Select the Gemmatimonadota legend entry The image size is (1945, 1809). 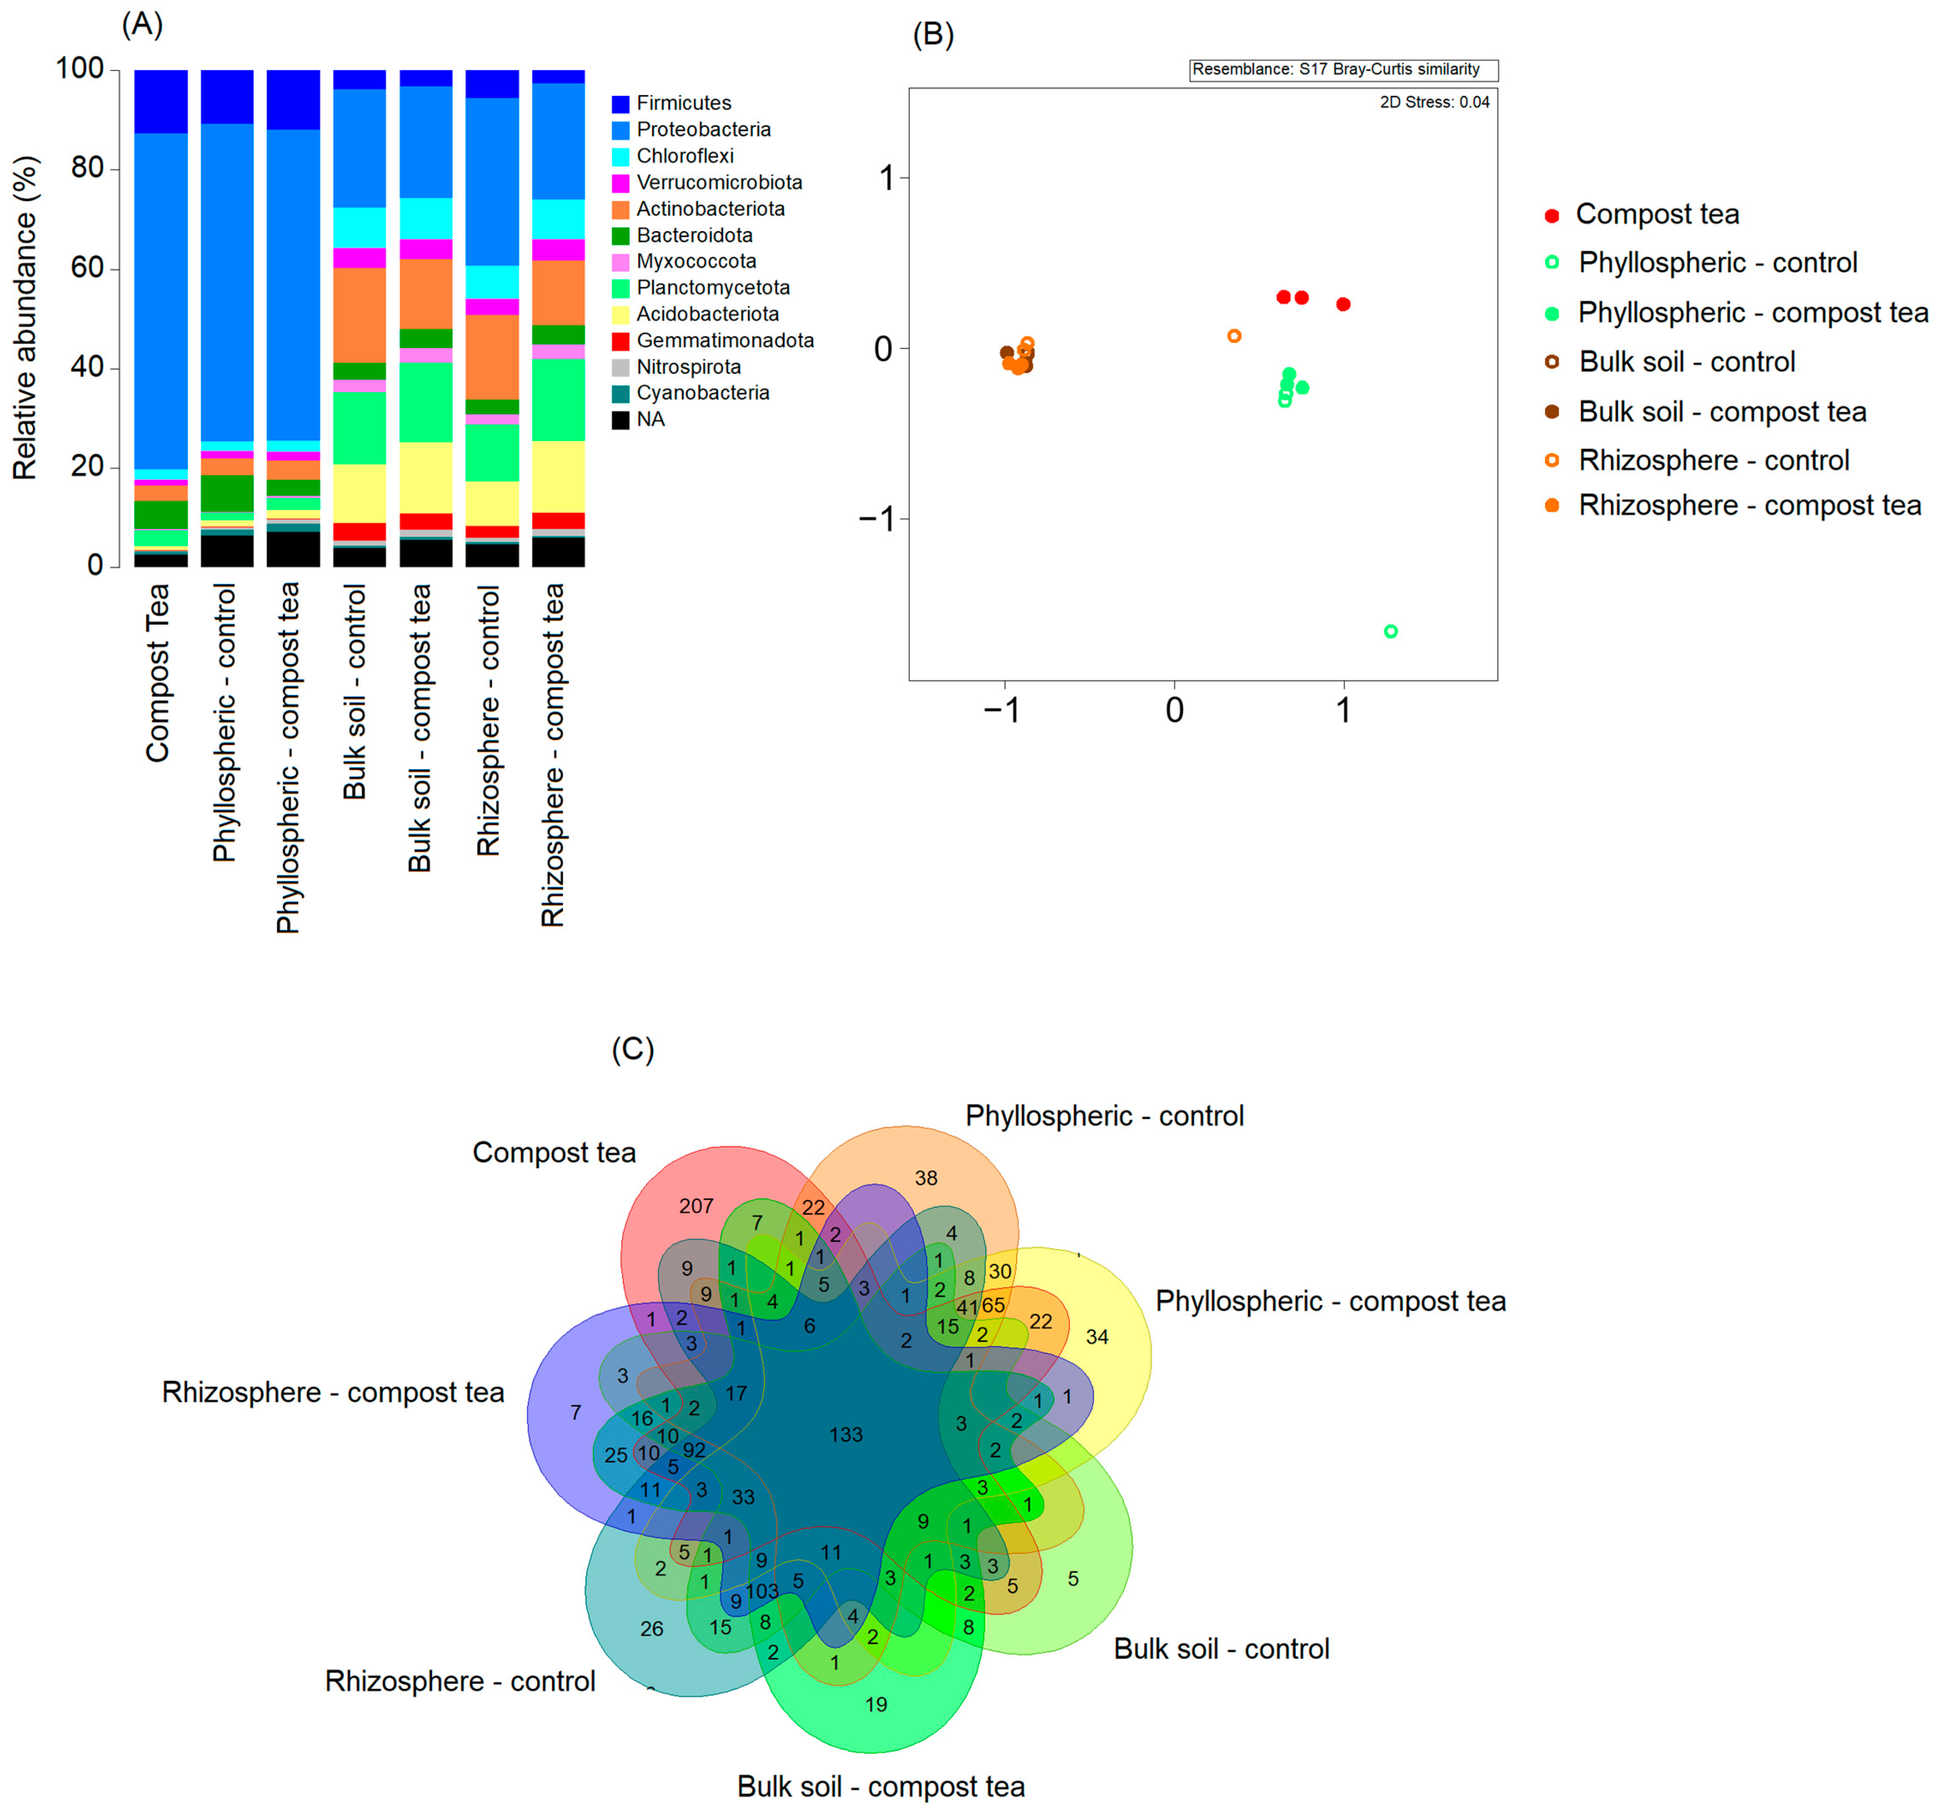pyautogui.click(x=724, y=341)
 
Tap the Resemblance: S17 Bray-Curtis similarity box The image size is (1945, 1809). pyautogui.click(x=1342, y=70)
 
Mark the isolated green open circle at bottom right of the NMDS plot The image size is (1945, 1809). pyautogui.click(x=1390, y=631)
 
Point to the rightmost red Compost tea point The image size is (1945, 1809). pyautogui.click(x=1344, y=304)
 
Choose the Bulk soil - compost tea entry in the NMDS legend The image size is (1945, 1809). pyautogui.click(x=1722, y=412)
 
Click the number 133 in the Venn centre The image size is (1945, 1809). pyautogui.click(x=846, y=1434)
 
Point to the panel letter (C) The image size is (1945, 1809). pyautogui.click(x=632, y=1049)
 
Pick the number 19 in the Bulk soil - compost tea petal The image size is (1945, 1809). pyautogui.click(x=876, y=1704)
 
